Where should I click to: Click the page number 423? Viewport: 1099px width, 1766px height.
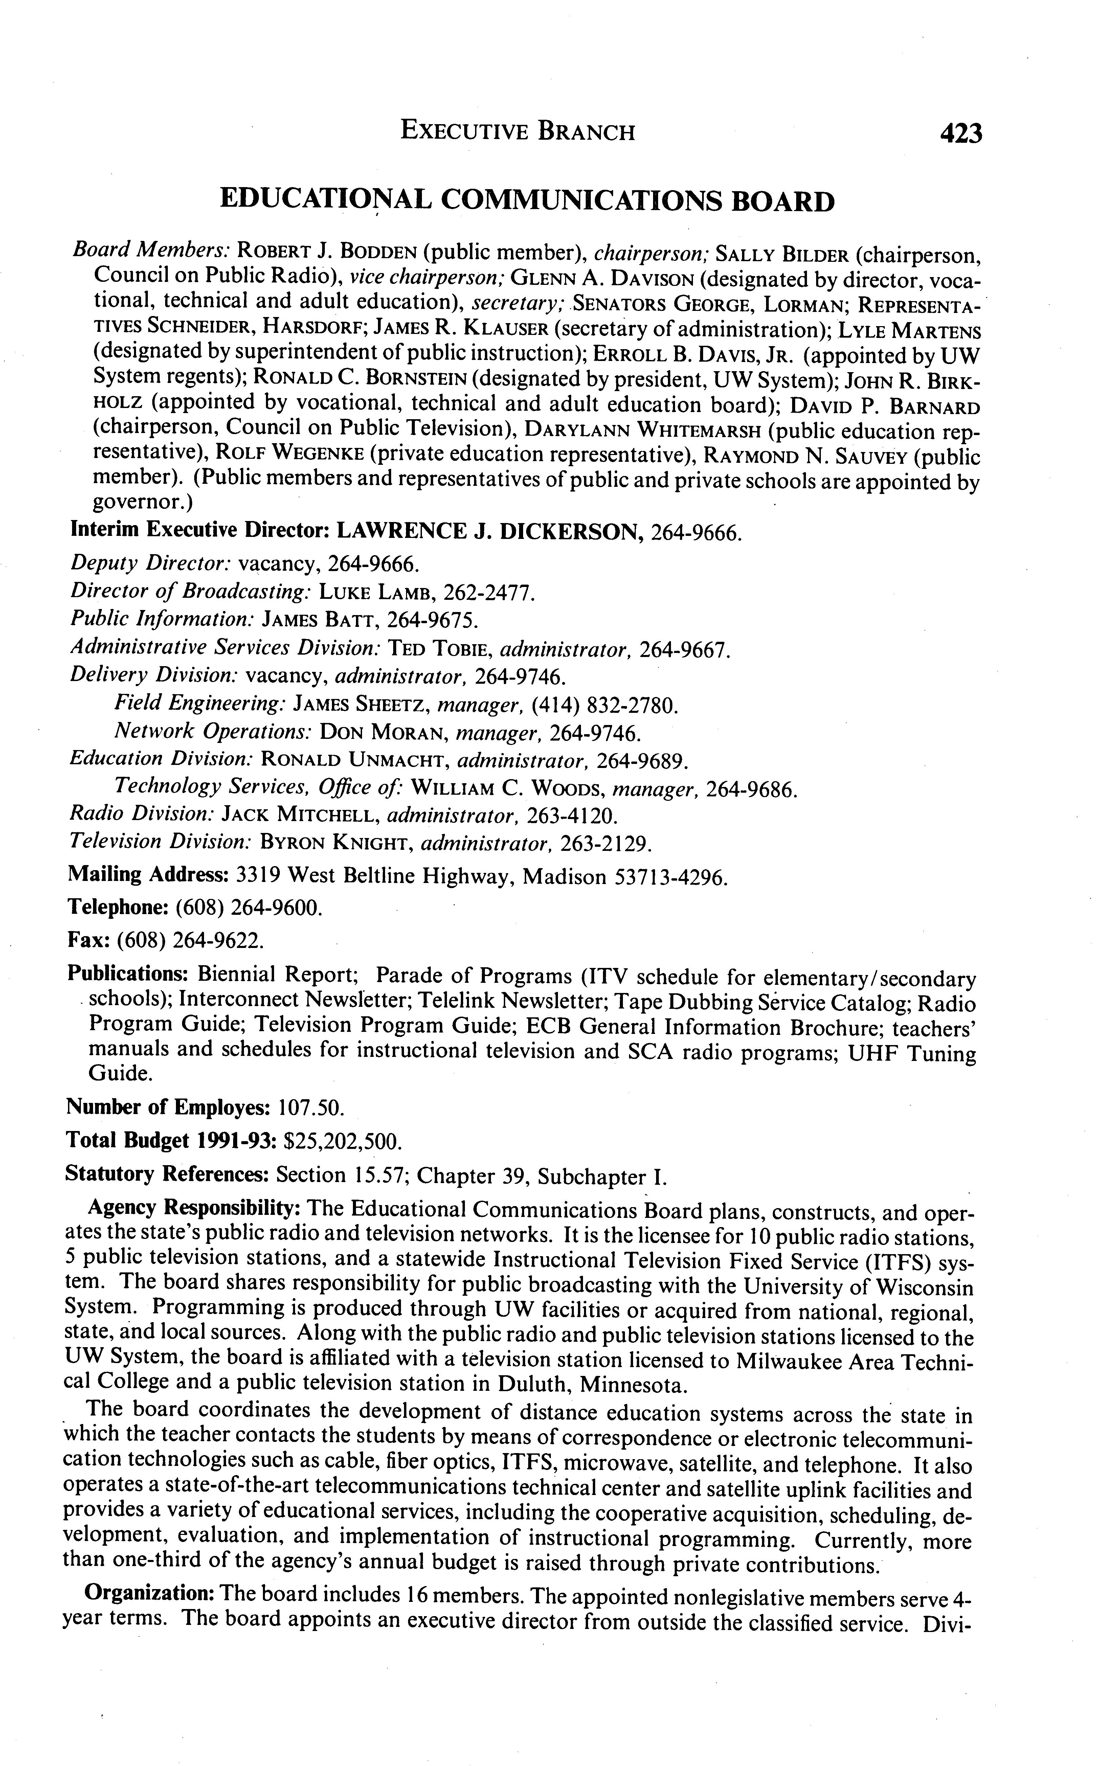click(960, 133)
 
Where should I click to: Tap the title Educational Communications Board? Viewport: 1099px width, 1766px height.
click(527, 201)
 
